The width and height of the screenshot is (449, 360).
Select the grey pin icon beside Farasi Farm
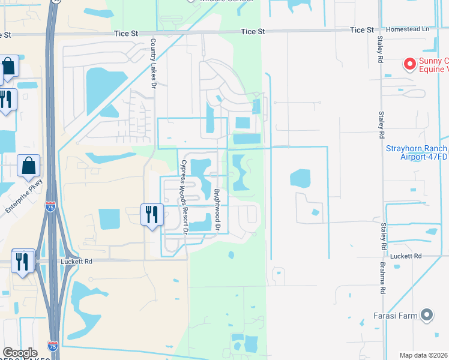pyautogui.click(x=427, y=314)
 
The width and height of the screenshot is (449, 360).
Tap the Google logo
pyautogui.click(x=20, y=352)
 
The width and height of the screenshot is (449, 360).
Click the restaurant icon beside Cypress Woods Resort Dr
pyautogui.click(x=151, y=214)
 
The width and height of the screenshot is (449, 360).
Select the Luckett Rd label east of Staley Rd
pyautogui.click(x=407, y=256)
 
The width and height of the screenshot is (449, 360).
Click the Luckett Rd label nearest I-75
pyautogui.click(x=75, y=262)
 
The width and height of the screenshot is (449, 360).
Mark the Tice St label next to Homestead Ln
pyautogui.click(x=362, y=29)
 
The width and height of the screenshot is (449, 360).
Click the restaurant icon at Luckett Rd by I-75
pyautogui.click(x=22, y=261)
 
